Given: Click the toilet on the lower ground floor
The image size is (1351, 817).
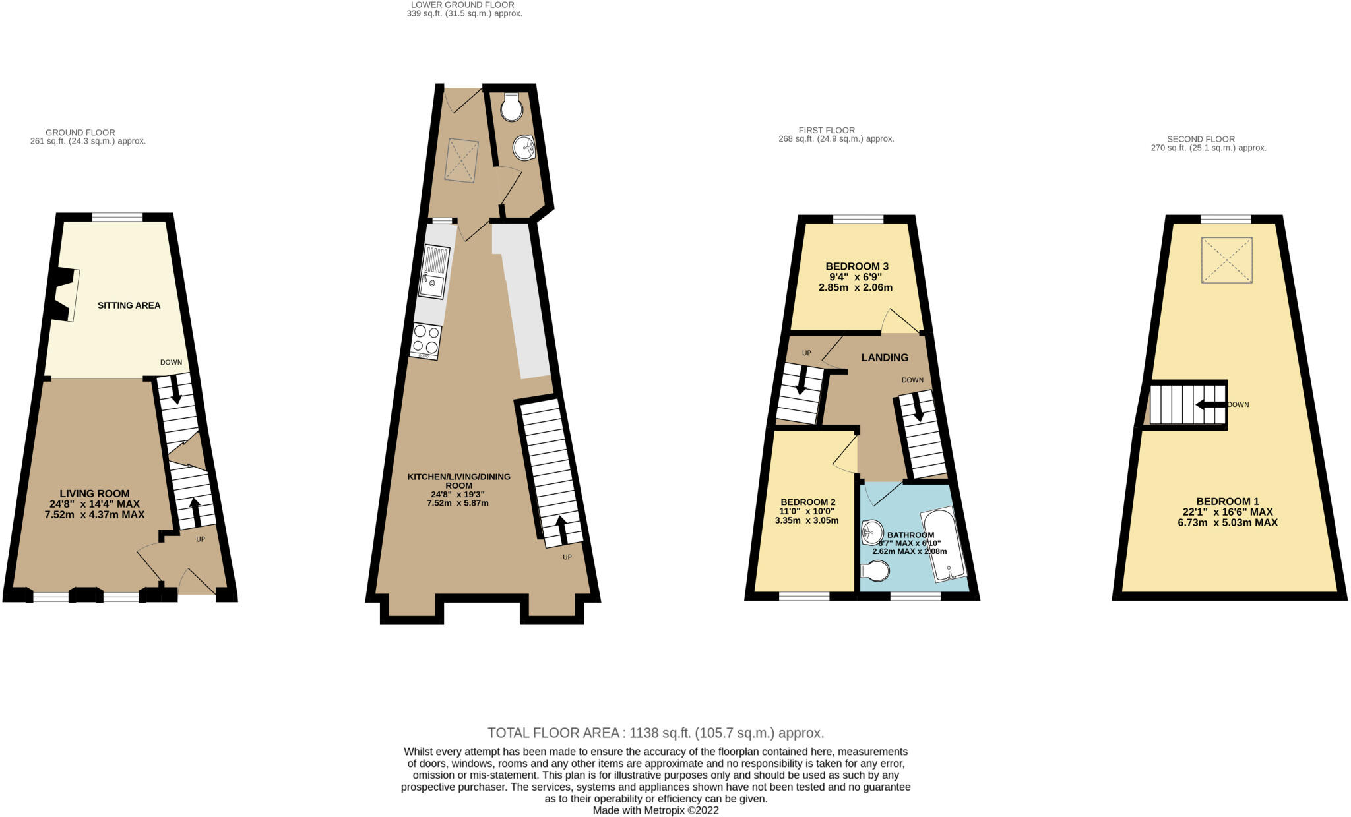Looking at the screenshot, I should pyautogui.click(x=511, y=107).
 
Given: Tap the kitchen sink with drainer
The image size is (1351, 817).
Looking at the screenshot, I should pyautogui.click(x=435, y=272).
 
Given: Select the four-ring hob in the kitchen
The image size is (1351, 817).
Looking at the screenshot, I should pyautogui.click(x=425, y=340).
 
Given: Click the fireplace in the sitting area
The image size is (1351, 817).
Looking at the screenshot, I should pyautogui.click(x=64, y=295).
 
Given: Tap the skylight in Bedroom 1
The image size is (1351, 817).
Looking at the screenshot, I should pyautogui.click(x=1226, y=260).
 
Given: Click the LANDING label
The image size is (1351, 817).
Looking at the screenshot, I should pyautogui.click(x=884, y=357).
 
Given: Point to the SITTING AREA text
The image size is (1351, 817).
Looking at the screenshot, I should pyautogui.click(x=129, y=305).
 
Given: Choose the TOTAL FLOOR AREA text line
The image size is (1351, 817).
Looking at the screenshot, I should pyautogui.click(x=655, y=733).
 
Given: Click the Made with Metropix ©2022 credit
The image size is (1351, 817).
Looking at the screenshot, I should pyautogui.click(x=655, y=810).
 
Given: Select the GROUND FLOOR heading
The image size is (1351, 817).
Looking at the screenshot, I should pyautogui.click(x=80, y=133).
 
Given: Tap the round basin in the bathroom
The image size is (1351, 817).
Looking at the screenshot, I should pyautogui.click(x=872, y=531).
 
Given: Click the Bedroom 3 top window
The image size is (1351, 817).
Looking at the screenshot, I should pyautogui.click(x=857, y=219).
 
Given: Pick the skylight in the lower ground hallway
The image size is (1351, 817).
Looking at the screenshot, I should pyautogui.click(x=462, y=159).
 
